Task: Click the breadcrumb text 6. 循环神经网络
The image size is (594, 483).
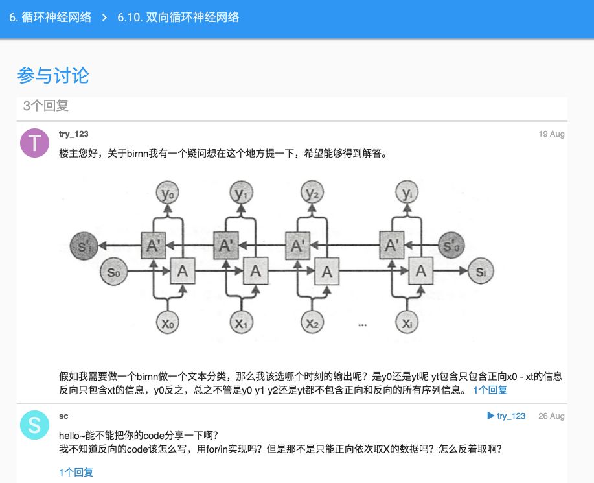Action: click(50, 18)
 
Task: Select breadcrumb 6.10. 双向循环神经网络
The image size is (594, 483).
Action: click(178, 18)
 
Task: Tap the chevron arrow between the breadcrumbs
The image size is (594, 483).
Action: click(104, 18)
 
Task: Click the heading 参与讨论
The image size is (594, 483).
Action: click(53, 75)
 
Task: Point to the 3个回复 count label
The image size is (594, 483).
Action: click(46, 106)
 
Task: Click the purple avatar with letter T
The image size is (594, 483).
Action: click(35, 143)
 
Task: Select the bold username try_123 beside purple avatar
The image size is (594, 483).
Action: click(73, 134)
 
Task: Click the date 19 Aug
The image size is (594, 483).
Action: click(551, 134)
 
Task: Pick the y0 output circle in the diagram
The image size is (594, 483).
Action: click(169, 193)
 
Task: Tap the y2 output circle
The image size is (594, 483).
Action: click(313, 193)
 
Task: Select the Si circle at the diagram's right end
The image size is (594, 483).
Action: click(480, 272)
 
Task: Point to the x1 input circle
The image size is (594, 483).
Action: click(242, 322)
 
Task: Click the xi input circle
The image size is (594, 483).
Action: click(407, 322)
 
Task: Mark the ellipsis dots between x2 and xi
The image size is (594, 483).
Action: click(362, 324)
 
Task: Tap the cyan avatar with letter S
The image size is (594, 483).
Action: click(35, 425)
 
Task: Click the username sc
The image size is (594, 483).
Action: click(63, 416)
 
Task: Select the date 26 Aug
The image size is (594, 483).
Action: click(551, 416)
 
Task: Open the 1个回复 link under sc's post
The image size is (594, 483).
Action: click(76, 472)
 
